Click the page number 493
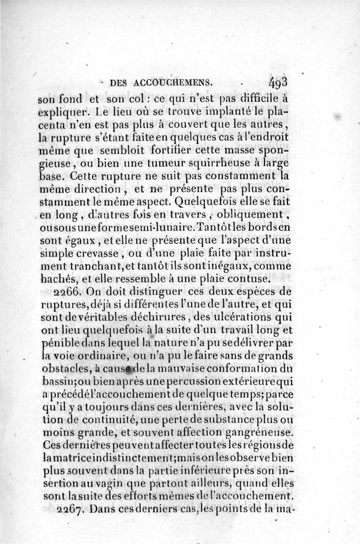point(281,82)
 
